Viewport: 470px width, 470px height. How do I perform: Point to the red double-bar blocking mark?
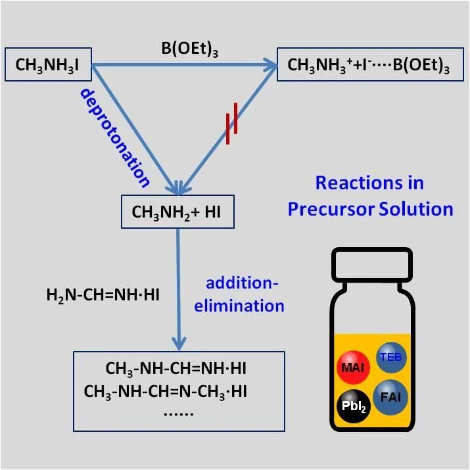[x=229, y=128]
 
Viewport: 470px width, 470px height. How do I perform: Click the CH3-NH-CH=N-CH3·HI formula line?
[x=179, y=392]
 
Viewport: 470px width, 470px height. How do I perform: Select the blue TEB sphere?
[x=393, y=357]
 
